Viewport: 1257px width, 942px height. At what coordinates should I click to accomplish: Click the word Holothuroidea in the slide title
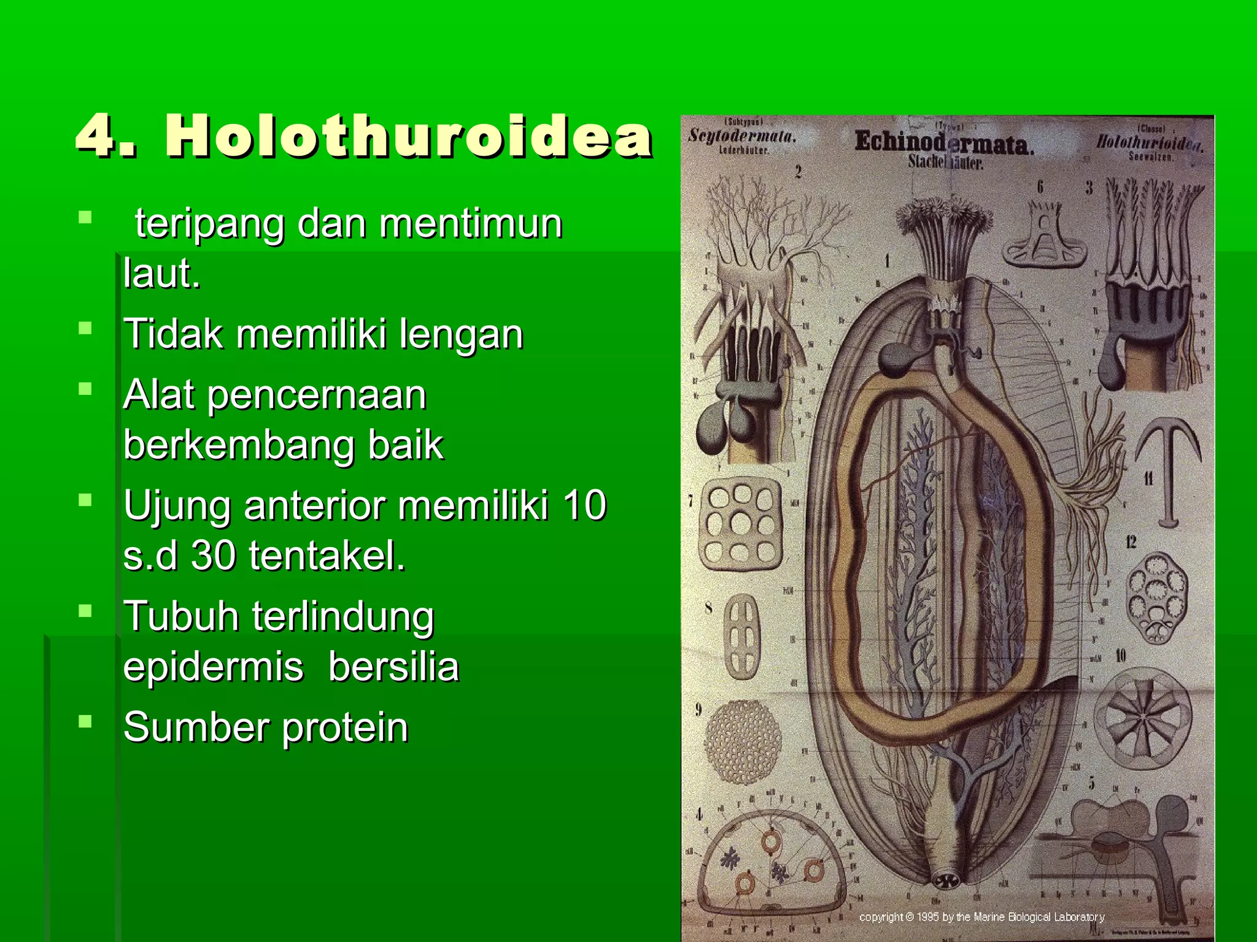[408, 136]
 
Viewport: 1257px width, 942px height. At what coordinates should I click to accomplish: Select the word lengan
[461, 335]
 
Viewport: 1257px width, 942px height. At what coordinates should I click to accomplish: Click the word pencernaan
[317, 396]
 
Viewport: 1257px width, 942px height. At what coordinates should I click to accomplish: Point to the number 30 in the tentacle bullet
[213, 556]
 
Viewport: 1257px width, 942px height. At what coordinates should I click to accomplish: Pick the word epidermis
[213, 667]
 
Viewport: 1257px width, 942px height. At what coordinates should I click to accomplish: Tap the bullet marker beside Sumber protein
[85, 721]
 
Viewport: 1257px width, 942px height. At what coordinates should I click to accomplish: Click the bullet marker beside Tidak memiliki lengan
[85, 328]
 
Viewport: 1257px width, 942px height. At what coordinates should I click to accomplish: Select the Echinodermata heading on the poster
[944, 144]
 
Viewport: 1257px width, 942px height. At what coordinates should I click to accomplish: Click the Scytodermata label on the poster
[741, 136]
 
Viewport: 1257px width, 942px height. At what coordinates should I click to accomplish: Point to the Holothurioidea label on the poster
[1149, 143]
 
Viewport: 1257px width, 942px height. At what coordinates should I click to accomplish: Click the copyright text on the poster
[981, 917]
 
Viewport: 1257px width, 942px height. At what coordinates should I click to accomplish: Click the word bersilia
[393, 667]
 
